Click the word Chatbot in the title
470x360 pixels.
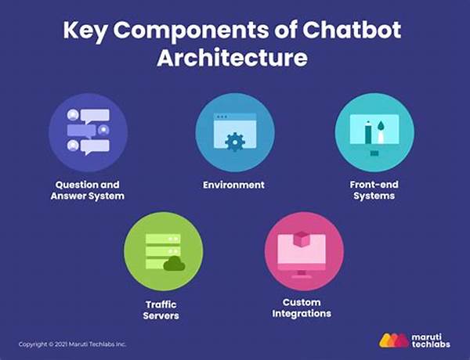pos(352,30)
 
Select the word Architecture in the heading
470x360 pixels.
pos(233,57)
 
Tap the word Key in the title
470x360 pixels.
pos(85,31)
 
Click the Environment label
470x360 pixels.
pos(233,185)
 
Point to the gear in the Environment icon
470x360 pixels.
pos(235,142)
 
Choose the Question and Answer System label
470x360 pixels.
pos(88,190)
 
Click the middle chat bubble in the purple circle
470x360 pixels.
pos(81,131)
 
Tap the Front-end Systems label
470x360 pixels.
pos(374,190)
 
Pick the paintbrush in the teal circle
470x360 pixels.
pos(381,131)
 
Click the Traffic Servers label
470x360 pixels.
pos(161,310)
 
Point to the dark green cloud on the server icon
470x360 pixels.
pos(174,264)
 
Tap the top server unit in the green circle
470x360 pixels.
pos(163,239)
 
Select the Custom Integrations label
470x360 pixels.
pos(302,308)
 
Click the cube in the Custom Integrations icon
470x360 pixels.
pos(302,239)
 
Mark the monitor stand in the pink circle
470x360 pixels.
pos(302,274)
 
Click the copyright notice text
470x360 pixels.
pos(72,344)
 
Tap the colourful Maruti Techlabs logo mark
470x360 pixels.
pos(394,340)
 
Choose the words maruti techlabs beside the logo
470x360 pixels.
pos(431,341)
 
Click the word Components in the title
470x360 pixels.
pos(191,31)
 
